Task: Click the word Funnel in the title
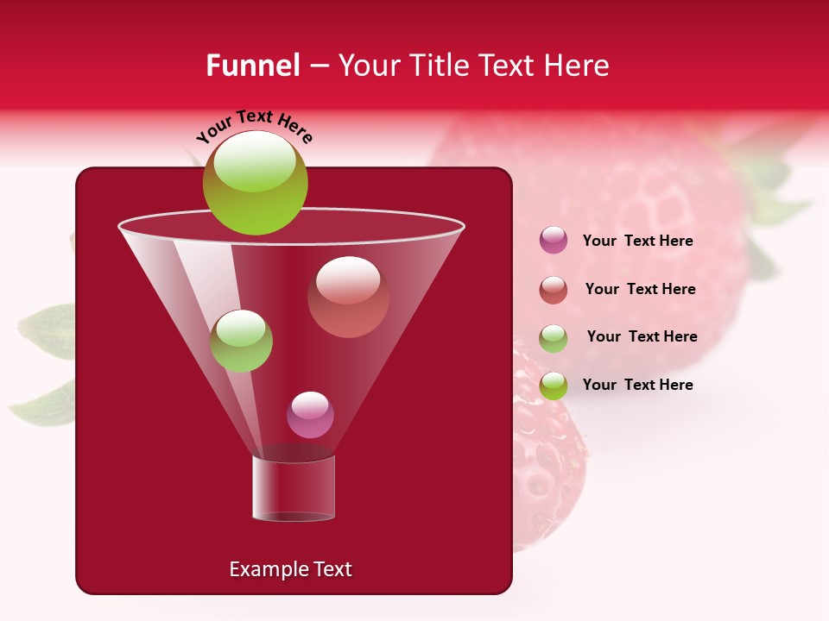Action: pyautogui.click(x=253, y=66)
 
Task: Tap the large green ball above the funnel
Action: pyautogui.click(x=255, y=182)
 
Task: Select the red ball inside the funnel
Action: pyautogui.click(x=348, y=297)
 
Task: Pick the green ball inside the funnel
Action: pyautogui.click(x=241, y=341)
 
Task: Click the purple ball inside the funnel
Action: pyautogui.click(x=310, y=415)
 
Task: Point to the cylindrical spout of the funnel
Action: pyautogui.click(x=293, y=488)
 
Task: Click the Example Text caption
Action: pyautogui.click(x=290, y=569)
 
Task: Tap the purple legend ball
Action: pyautogui.click(x=554, y=241)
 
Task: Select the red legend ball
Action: pyautogui.click(x=554, y=290)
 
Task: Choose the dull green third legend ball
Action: pyautogui.click(x=554, y=338)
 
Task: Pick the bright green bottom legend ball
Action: pyautogui.click(x=554, y=386)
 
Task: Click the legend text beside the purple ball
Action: pyautogui.click(x=637, y=241)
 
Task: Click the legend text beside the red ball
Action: pyautogui.click(x=640, y=290)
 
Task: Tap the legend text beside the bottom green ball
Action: pyautogui.click(x=637, y=385)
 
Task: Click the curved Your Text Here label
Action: pyautogui.click(x=255, y=126)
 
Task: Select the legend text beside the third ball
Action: pyautogui.click(x=642, y=337)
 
